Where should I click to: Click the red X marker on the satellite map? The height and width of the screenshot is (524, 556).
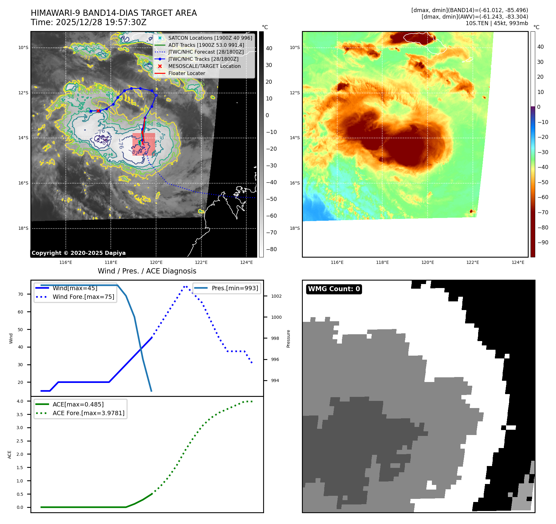coord(98,111)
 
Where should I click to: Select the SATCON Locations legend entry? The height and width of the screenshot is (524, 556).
coord(210,38)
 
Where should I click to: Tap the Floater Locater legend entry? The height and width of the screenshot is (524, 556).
coord(186,73)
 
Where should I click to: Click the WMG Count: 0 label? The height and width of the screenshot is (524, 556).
coord(334,289)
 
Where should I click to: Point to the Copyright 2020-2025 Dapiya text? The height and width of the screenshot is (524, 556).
coord(78,253)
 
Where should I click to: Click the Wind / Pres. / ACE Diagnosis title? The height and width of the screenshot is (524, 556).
coord(147,271)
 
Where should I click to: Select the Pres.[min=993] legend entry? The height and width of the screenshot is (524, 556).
coord(235,288)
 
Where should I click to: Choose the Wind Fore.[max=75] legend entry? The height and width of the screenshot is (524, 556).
coord(83,297)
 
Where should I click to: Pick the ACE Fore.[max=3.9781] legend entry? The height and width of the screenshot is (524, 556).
coord(88,413)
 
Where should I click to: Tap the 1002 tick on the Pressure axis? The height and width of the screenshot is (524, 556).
coord(276,296)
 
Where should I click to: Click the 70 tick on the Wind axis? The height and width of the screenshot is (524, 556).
coord(20,294)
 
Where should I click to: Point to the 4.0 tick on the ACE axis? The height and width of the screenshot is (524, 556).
coord(20,401)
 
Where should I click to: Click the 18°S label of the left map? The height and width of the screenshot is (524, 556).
coord(23,228)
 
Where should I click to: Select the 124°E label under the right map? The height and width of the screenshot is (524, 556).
coord(518,262)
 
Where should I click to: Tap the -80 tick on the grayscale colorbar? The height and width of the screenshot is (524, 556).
coord(271,249)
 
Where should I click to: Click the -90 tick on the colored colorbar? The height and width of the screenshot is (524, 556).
coord(543,242)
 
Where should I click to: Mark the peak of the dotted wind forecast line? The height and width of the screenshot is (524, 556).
coord(185,286)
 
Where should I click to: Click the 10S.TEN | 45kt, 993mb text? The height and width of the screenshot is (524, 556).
coord(496,23)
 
